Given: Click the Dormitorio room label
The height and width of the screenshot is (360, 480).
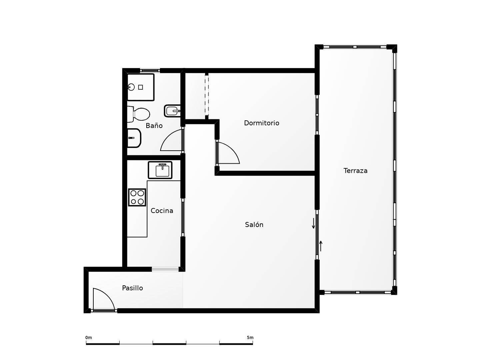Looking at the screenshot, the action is click(x=262, y=123).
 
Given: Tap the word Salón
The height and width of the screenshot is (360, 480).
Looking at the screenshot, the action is click(x=254, y=224).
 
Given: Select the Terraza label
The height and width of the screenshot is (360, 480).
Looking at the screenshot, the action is click(x=355, y=171).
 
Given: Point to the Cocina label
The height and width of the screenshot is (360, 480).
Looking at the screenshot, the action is click(x=162, y=211).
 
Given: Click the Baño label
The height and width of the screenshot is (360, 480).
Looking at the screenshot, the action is click(x=154, y=125).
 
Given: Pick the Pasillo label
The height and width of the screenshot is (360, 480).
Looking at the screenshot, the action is click(x=133, y=288).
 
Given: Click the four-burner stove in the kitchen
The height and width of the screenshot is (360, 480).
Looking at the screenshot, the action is click(x=137, y=197).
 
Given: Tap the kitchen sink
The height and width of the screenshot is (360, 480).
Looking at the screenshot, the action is click(x=160, y=170).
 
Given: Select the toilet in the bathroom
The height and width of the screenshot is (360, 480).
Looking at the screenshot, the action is click(x=139, y=114).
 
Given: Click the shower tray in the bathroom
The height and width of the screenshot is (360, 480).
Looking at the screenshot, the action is click(x=141, y=87).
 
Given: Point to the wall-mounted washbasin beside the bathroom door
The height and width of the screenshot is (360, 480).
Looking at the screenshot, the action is click(x=172, y=111).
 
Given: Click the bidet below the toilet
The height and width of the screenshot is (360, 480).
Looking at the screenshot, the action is click(x=134, y=138).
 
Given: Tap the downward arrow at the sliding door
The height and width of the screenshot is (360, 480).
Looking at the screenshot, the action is click(x=313, y=223).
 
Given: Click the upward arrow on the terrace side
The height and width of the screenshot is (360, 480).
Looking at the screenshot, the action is click(x=321, y=246).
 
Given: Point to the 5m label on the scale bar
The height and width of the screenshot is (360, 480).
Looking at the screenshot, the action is click(x=250, y=337).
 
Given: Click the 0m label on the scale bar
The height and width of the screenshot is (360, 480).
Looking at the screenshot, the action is click(x=89, y=337).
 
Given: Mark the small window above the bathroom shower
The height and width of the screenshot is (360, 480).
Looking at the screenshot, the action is click(x=150, y=71).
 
